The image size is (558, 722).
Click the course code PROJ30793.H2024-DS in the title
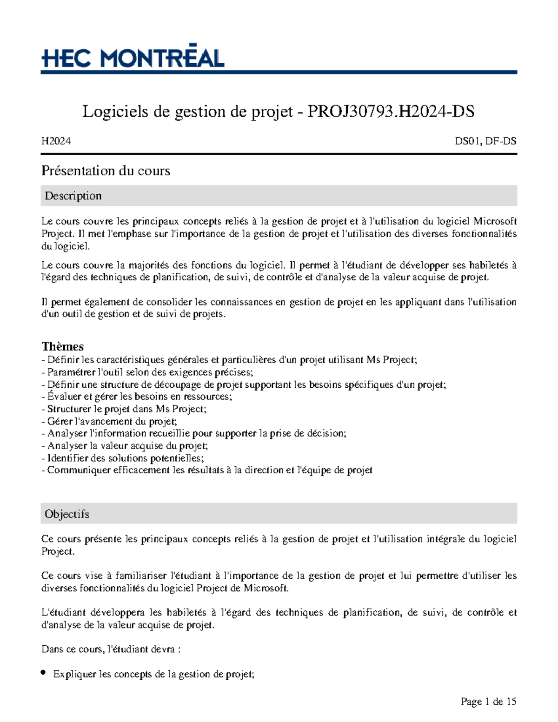click(391, 112)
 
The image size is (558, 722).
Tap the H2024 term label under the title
click(56, 141)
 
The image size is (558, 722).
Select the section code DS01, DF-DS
click(485, 141)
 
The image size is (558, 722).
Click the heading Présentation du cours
click(106, 171)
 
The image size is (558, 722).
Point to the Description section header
click(73, 196)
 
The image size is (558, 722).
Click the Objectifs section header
click(66, 514)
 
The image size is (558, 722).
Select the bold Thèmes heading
click(62, 346)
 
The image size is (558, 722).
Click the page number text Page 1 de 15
click(488, 702)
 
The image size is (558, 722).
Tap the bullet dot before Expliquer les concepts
click(43, 673)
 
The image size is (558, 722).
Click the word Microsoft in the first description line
click(495, 221)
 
